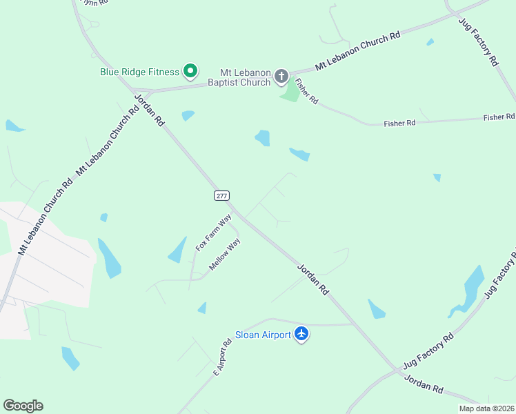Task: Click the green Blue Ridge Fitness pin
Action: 190,70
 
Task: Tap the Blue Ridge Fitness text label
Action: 140,71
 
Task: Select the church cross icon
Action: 281,76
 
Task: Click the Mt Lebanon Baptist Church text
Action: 245,77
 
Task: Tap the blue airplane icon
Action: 301,334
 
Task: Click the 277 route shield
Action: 221,195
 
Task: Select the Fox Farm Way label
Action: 213,233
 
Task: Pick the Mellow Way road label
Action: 225,254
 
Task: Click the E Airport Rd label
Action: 221,357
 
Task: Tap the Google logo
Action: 23,406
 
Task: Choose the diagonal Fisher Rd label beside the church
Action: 306,91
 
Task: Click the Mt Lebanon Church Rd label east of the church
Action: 358,50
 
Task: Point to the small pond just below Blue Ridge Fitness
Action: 188,115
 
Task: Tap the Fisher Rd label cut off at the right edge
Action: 499,117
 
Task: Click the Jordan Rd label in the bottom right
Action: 424,384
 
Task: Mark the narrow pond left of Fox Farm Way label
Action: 177,250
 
